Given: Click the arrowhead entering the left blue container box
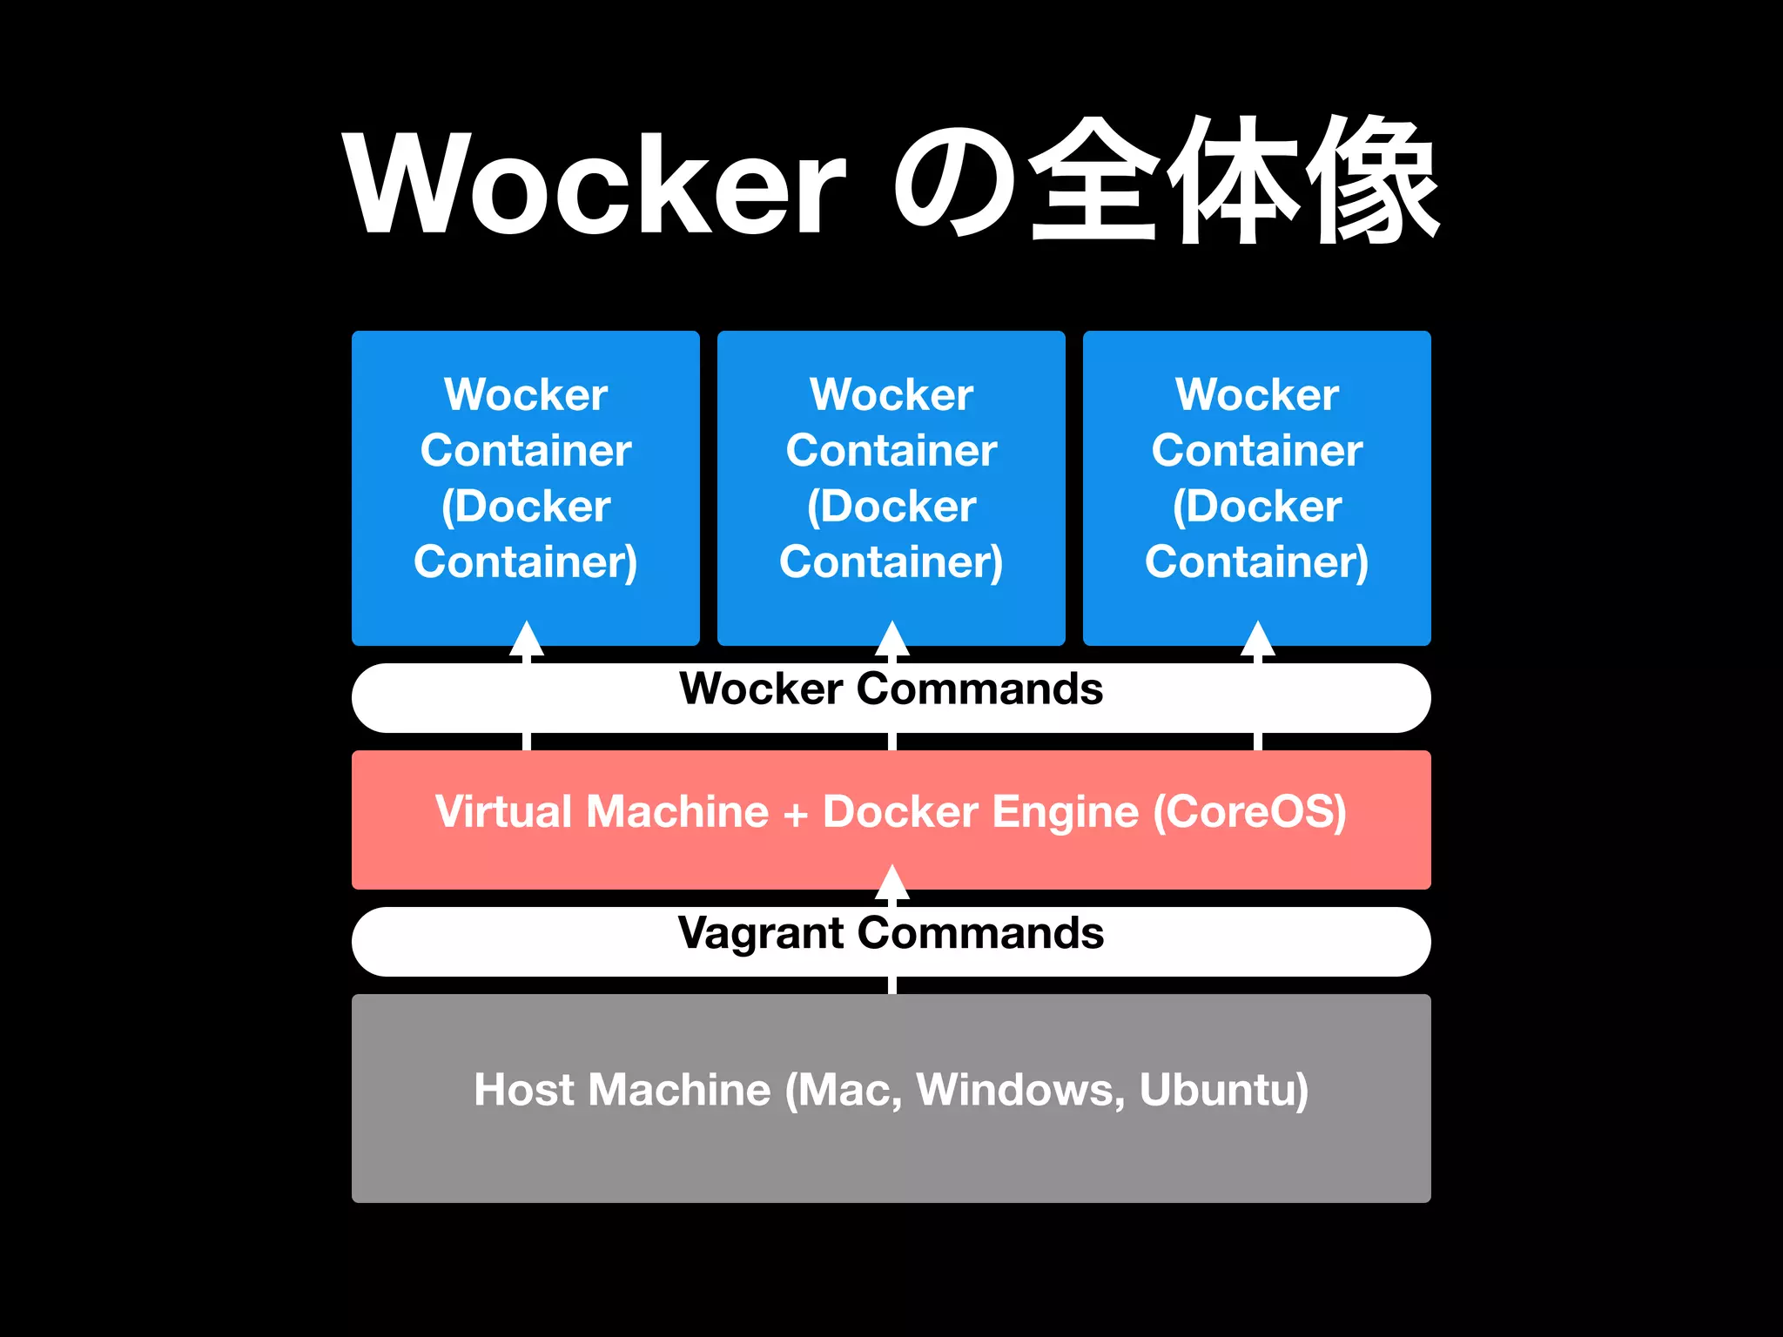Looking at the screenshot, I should [526, 639].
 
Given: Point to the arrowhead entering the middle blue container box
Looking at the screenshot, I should [891, 639].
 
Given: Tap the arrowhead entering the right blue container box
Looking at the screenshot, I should [1257, 639].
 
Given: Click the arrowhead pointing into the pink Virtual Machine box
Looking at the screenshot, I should [891, 883].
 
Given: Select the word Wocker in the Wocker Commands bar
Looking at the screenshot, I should [761, 689].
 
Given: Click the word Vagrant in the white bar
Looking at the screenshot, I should [761, 933].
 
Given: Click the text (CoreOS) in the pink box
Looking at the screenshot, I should [1249, 811].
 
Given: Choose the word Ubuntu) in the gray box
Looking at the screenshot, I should [1223, 1090].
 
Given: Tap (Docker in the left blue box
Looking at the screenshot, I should [526, 507].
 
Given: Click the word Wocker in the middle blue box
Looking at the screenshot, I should [891, 394].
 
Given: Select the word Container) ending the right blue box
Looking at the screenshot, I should [1257, 562].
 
